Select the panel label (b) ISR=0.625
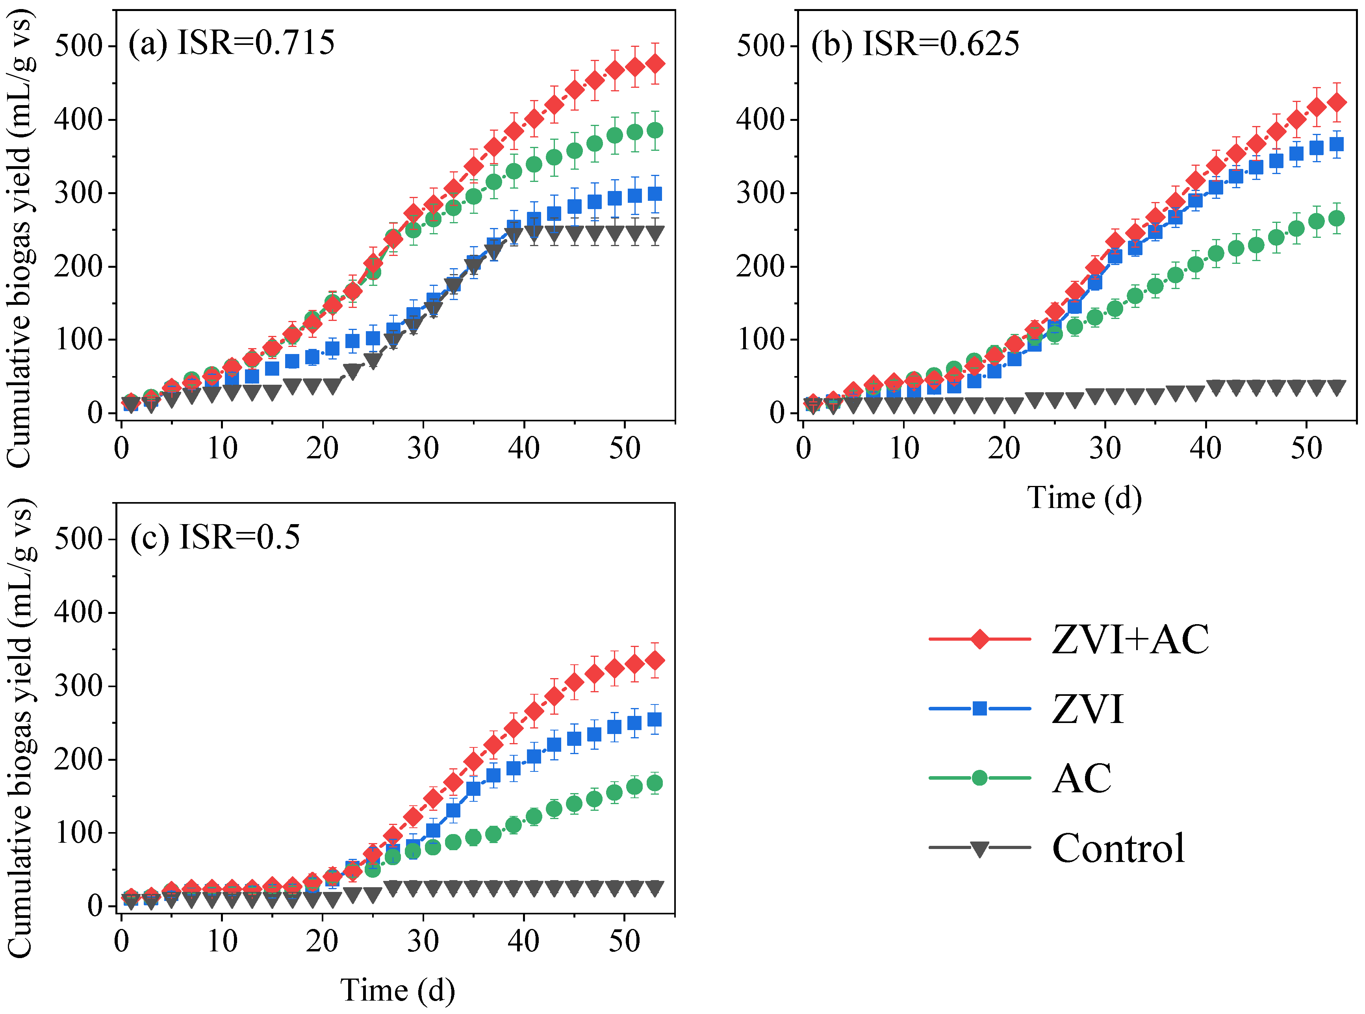(x=914, y=44)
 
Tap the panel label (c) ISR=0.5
(x=215, y=537)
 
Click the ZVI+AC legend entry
(x=1068, y=640)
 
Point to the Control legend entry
(x=1056, y=848)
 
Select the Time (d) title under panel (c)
(x=398, y=990)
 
